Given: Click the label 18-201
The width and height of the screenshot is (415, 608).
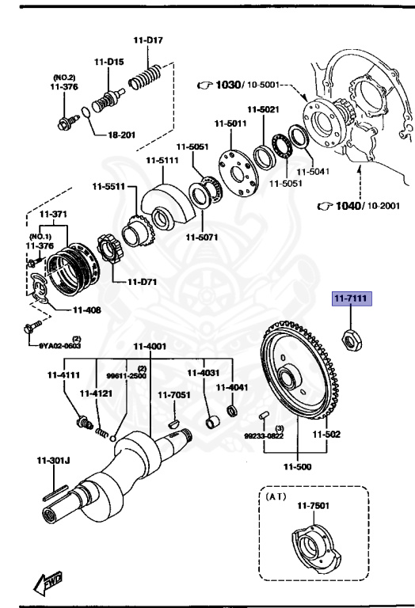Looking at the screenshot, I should (120, 135).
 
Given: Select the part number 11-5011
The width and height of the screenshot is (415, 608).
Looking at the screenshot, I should (230, 123).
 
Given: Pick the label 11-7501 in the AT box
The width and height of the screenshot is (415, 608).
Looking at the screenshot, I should (312, 506).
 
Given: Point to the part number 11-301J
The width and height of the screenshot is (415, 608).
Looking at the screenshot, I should (52, 460).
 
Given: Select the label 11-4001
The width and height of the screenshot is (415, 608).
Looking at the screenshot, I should (150, 346).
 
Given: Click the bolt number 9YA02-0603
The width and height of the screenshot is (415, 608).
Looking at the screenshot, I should (61, 345).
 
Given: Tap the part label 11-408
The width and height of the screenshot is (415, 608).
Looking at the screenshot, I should (86, 310).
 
